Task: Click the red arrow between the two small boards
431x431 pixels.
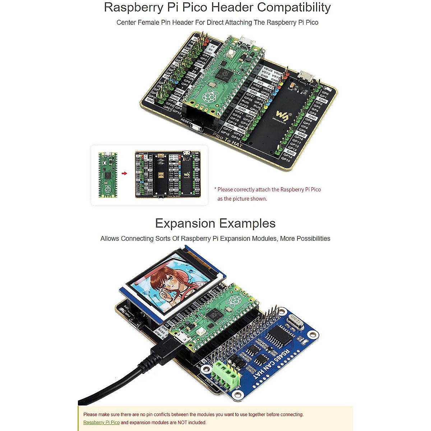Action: point(124,173)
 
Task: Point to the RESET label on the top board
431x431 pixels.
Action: point(186,121)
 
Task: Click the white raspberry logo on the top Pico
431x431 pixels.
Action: point(210,96)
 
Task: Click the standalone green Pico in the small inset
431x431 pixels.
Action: point(108,175)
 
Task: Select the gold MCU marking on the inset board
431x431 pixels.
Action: point(161,176)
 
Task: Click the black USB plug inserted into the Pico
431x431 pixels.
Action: point(166,348)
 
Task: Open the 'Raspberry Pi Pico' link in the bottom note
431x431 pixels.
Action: point(101,422)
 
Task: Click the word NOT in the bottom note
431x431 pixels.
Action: point(183,422)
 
